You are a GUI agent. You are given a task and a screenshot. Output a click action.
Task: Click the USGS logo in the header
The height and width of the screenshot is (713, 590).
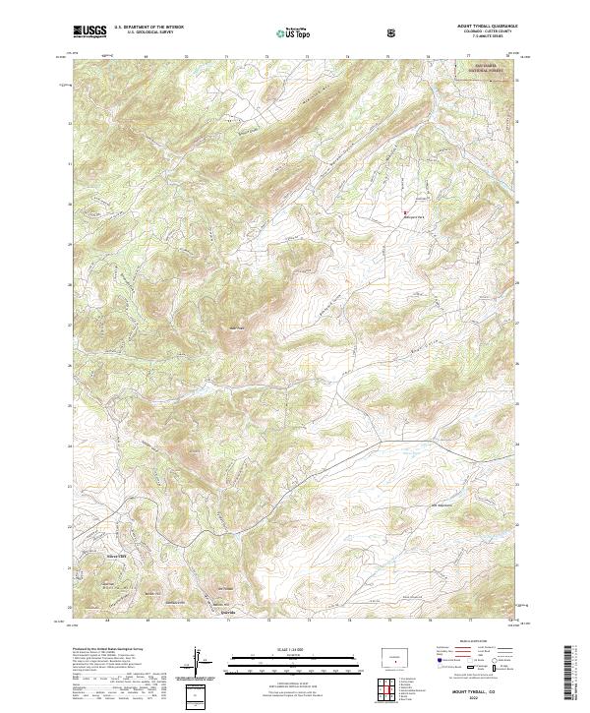(89, 32)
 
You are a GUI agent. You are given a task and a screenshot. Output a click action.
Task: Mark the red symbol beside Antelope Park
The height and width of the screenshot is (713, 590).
(404, 210)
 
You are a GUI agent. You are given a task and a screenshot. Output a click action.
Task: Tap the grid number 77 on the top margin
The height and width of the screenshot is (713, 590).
(468, 56)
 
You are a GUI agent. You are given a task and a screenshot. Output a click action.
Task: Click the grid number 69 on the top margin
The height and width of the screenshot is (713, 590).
(146, 56)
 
